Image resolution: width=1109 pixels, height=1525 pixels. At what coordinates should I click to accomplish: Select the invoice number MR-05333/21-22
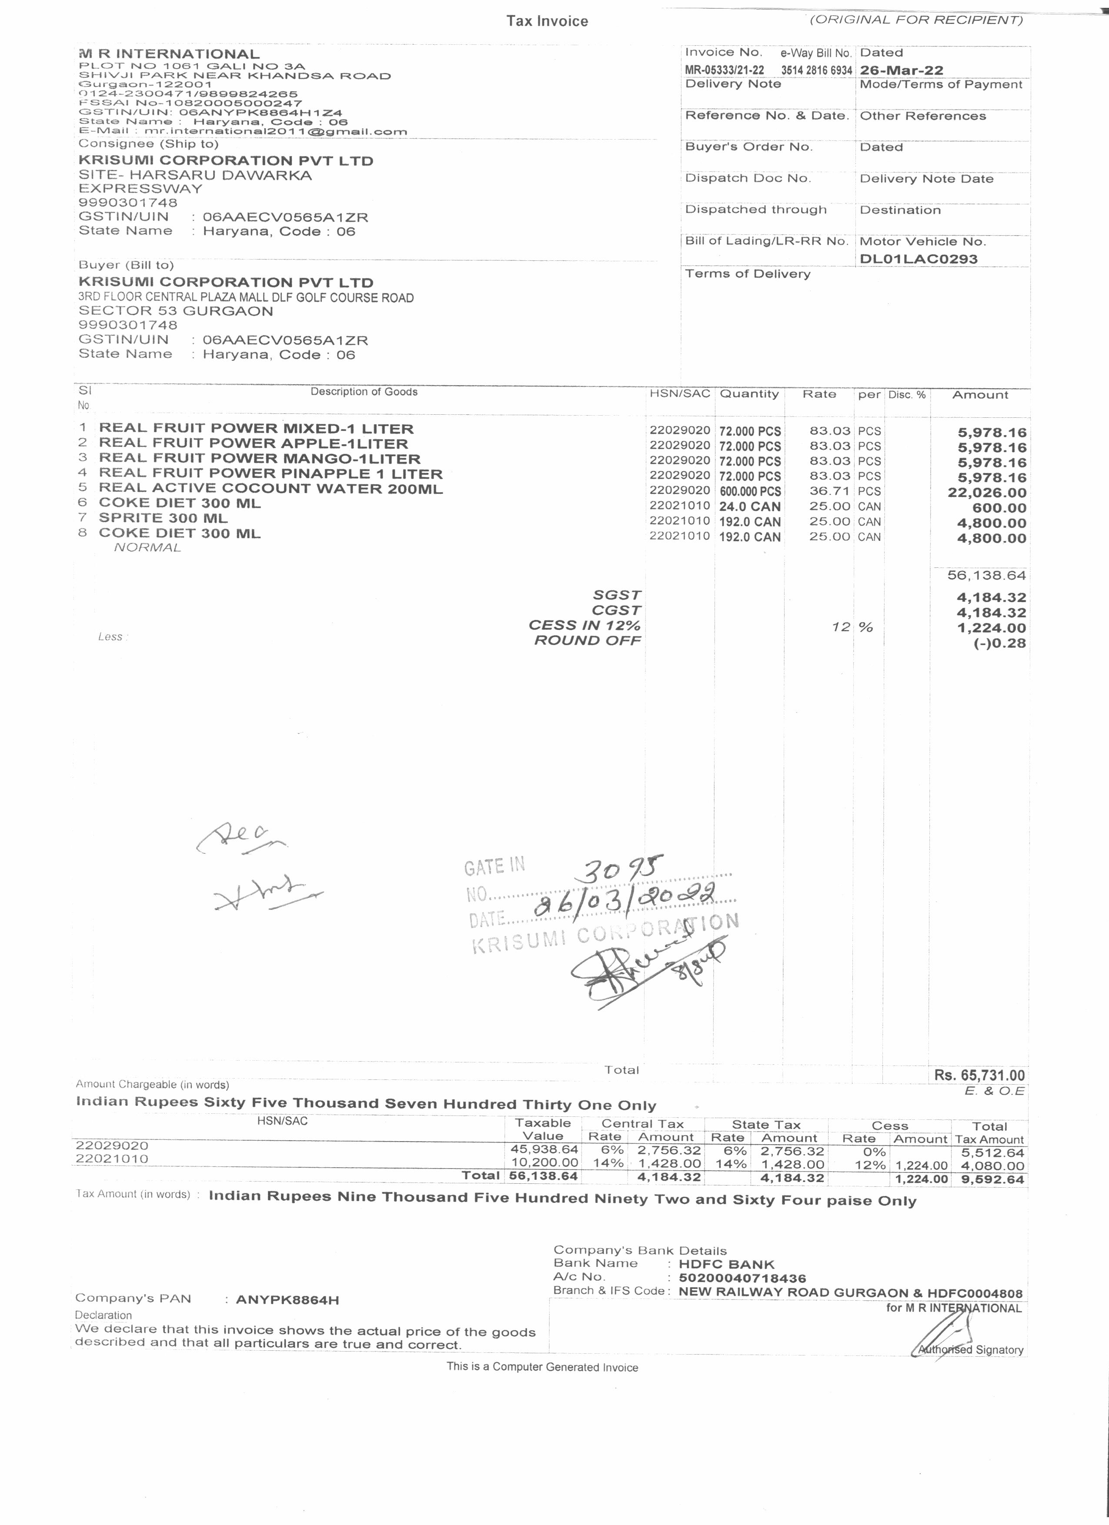pyautogui.click(x=724, y=70)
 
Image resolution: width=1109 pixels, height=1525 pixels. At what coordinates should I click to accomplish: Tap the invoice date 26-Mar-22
pyautogui.click(x=901, y=70)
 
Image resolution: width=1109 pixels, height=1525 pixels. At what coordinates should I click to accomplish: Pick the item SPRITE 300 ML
pyautogui.click(x=164, y=519)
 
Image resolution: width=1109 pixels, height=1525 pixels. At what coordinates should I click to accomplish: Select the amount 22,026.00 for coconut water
pyautogui.click(x=987, y=493)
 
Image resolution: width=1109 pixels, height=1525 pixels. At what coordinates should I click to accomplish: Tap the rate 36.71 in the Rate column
pyautogui.click(x=829, y=492)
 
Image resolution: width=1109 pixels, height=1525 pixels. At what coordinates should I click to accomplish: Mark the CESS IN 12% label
pyautogui.click(x=585, y=625)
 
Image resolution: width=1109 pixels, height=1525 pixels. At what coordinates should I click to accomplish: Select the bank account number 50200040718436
pyautogui.click(x=742, y=1278)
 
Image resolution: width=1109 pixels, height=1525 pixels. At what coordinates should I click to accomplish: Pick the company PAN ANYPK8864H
pyautogui.click(x=287, y=1300)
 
